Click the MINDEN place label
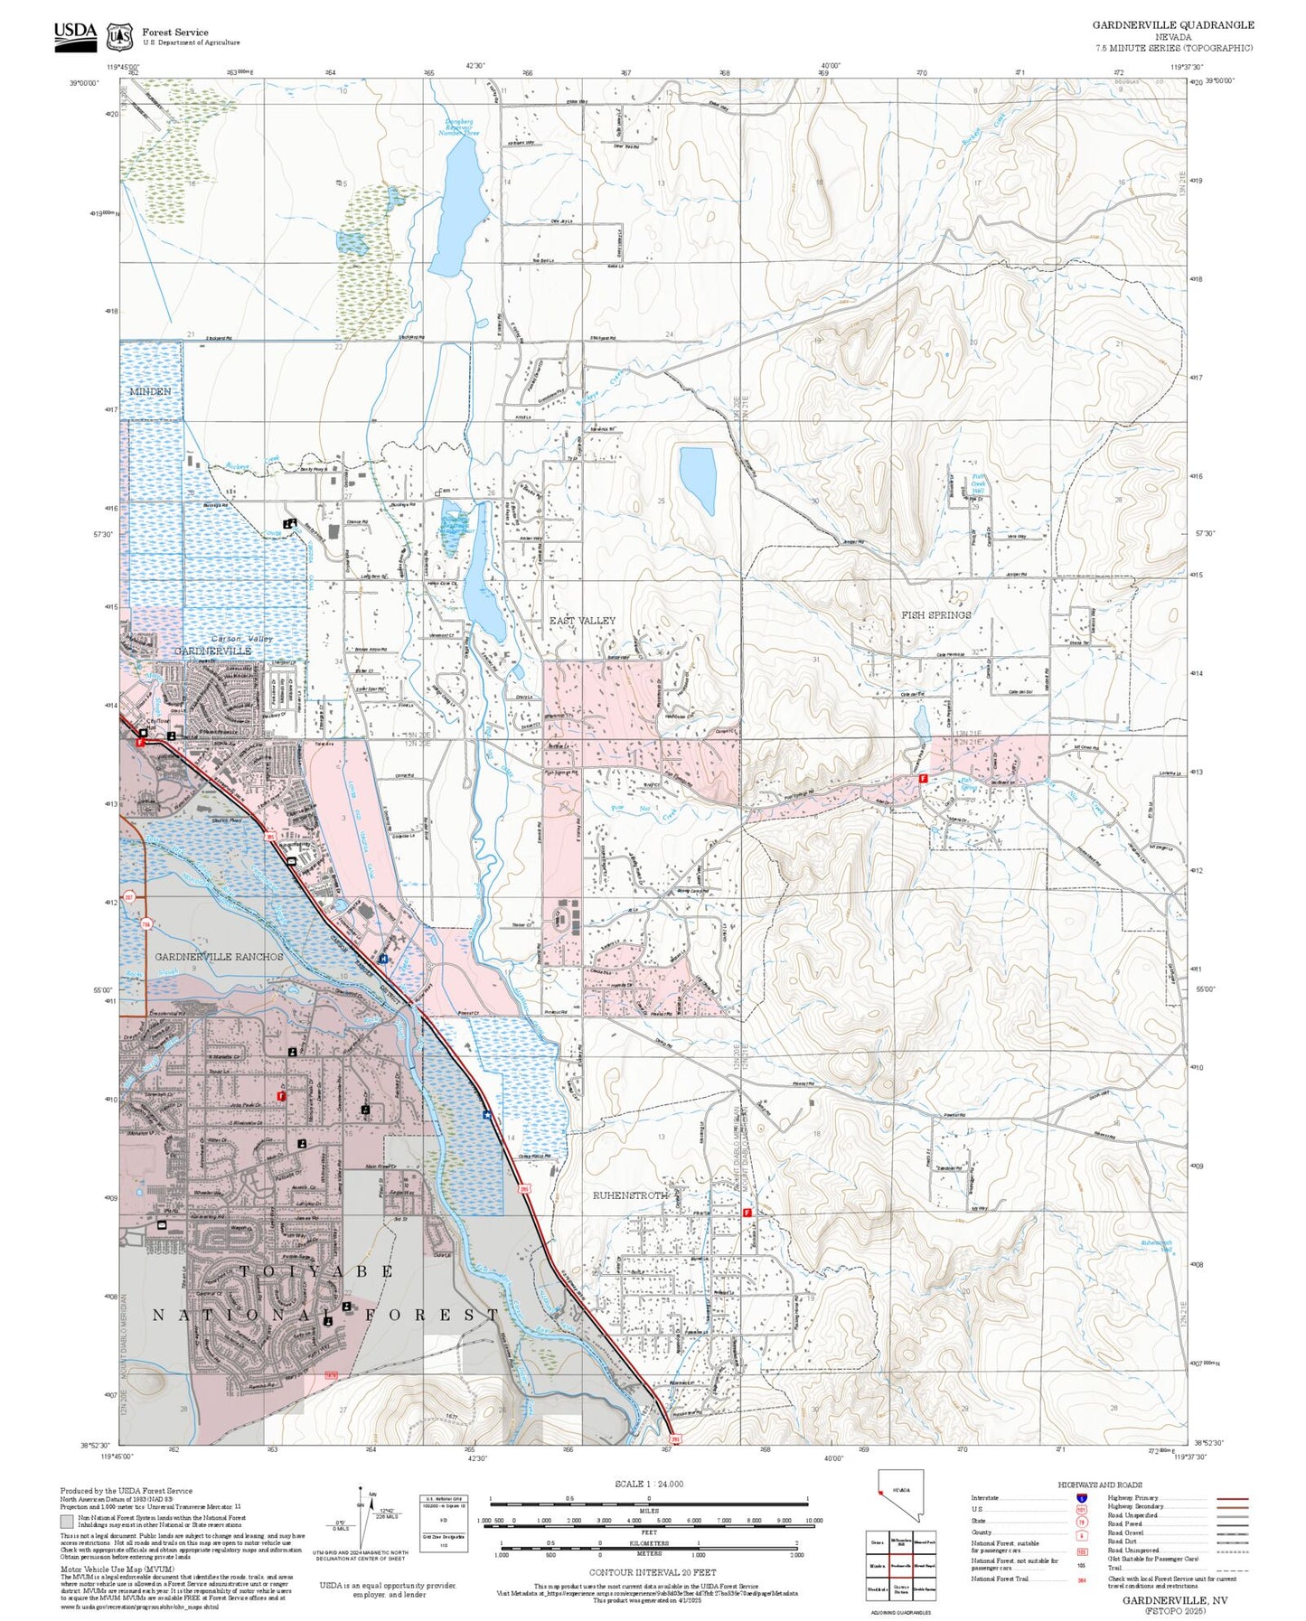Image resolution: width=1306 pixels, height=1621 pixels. click(150, 391)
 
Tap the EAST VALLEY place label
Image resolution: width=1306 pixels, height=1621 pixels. click(582, 621)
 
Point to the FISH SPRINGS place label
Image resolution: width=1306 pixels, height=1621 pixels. click(935, 615)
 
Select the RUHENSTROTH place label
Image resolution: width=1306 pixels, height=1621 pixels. click(630, 1195)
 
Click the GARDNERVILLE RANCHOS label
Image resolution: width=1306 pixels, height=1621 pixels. click(219, 956)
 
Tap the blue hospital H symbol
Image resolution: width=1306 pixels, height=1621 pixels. click(384, 959)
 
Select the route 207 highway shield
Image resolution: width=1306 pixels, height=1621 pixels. click(129, 897)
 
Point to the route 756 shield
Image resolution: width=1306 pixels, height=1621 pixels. click(146, 923)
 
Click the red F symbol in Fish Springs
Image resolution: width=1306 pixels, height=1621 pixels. click(923, 778)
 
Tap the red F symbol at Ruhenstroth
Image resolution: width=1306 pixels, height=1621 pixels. click(747, 1213)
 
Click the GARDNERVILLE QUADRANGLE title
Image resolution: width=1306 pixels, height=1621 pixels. click(1172, 25)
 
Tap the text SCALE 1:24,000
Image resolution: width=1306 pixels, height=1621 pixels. click(648, 1484)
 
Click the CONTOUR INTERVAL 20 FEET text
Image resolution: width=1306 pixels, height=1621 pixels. click(648, 1573)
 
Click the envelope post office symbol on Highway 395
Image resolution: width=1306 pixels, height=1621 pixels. click(291, 862)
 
